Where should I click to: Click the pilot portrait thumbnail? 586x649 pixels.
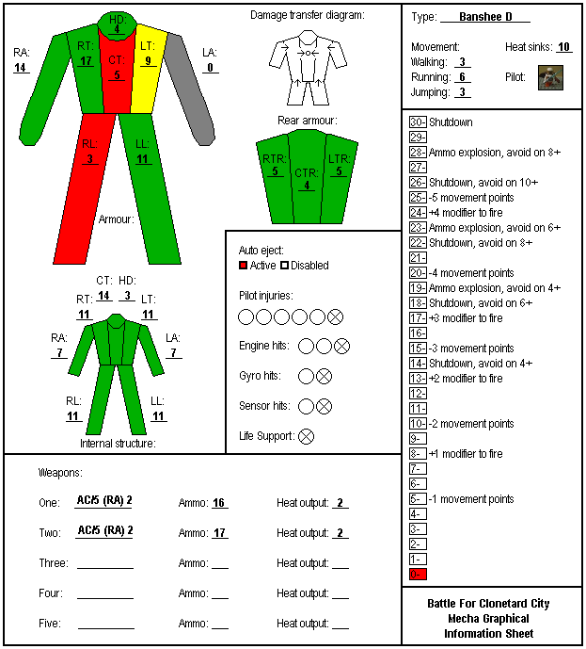(x=550, y=77)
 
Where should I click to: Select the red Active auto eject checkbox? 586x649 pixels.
(x=243, y=265)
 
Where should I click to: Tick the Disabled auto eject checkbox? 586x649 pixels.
(x=284, y=265)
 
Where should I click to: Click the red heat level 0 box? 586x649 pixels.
(x=418, y=574)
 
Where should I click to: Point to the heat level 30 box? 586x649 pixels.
(x=418, y=122)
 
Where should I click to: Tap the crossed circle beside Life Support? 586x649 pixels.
(x=306, y=436)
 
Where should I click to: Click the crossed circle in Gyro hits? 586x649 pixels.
(x=324, y=376)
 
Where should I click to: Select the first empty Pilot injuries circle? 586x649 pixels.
(x=245, y=317)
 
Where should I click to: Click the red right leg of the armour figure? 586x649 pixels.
(x=86, y=188)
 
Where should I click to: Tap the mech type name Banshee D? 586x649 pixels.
(x=485, y=17)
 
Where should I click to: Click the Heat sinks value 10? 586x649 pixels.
(x=563, y=47)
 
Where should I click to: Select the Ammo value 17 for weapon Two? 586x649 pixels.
(x=219, y=533)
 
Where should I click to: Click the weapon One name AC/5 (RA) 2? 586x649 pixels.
(x=104, y=500)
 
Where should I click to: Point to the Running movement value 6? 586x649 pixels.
(x=463, y=77)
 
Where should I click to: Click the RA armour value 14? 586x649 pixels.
(x=20, y=68)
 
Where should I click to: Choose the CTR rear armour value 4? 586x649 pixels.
(x=307, y=185)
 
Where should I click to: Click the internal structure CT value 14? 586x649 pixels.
(x=103, y=296)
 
